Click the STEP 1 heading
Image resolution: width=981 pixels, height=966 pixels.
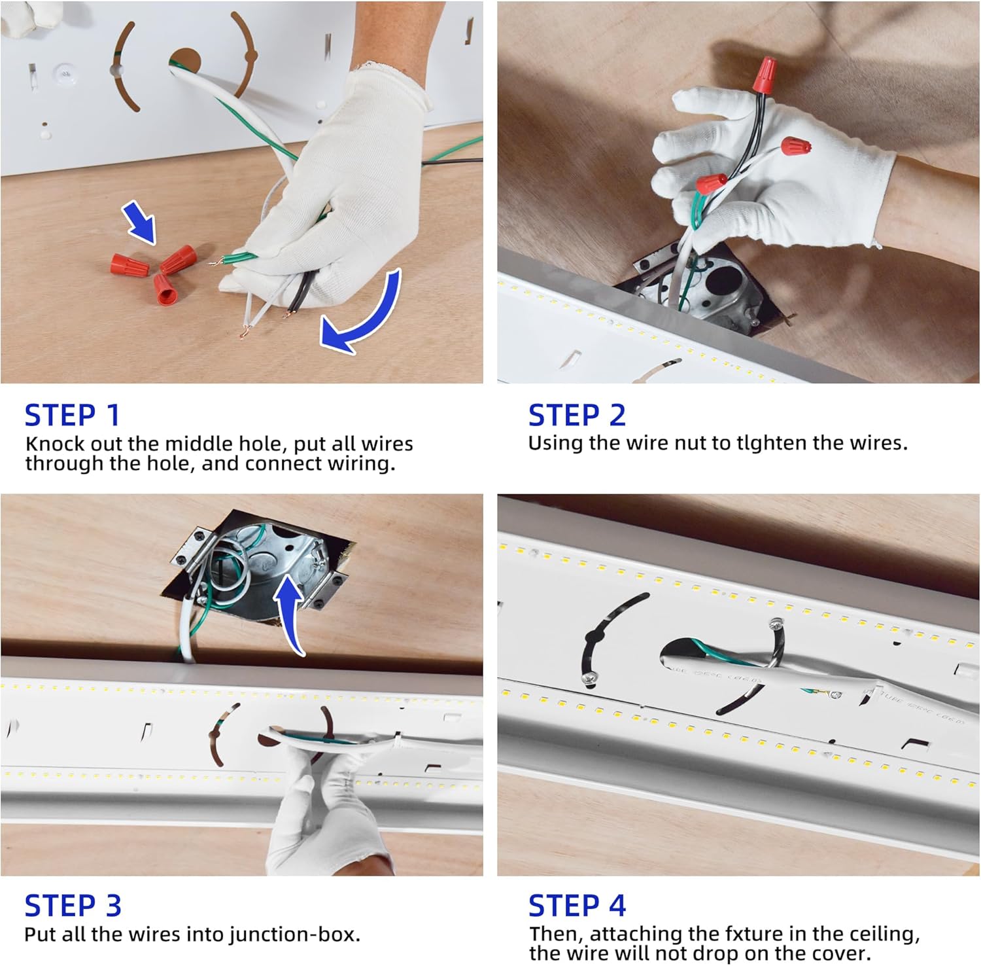coord(72,416)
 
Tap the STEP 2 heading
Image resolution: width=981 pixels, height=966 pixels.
coord(577,416)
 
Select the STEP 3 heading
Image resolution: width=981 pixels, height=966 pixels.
coord(73,906)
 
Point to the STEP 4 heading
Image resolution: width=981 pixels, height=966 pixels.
coord(577,906)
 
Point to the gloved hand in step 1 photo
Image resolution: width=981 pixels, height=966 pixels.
coord(327,196)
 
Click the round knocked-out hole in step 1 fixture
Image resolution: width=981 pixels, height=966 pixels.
coord(185,63)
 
